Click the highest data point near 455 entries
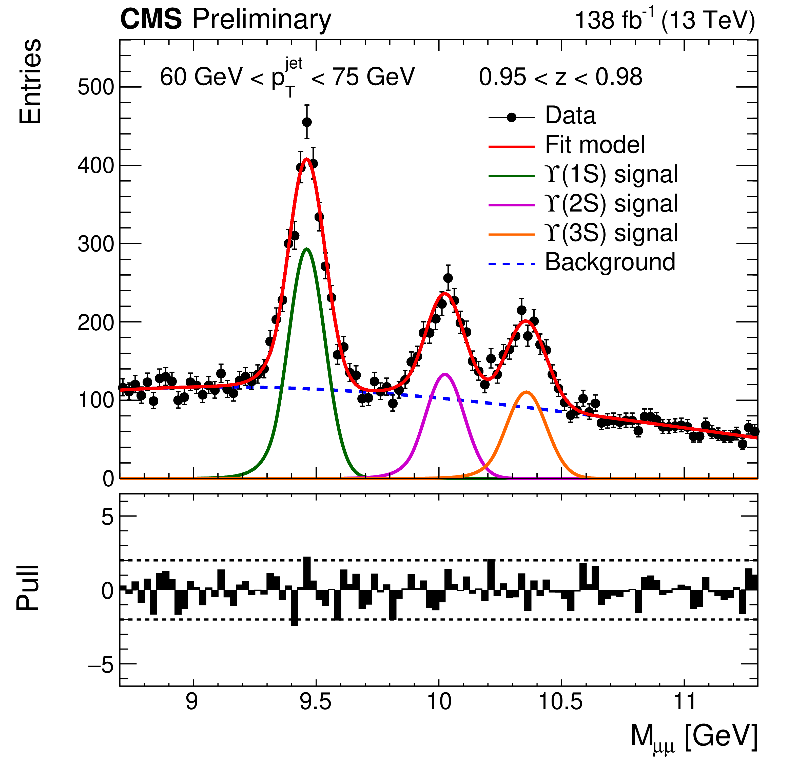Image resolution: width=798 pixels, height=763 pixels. [x=307, y=122]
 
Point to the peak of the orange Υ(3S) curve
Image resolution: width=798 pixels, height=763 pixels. [x=527, y=392]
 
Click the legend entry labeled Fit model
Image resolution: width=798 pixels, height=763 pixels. [x=594, y=145]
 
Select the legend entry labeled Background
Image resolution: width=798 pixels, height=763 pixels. [x=610, y=262]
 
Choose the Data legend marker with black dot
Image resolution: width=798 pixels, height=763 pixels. [x=512, y=118]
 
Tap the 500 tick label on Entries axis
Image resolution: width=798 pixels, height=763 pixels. [x=96, y=87]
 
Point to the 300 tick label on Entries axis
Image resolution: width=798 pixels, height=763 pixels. [x=96, y=244]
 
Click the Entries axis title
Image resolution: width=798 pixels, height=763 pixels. [x=30, y=81]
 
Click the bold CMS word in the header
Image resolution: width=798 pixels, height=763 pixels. [x=151, y=20]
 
